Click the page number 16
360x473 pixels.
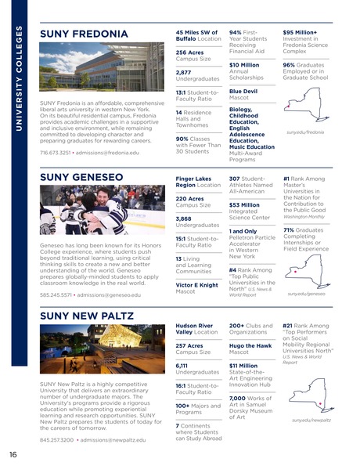click(x=13, y=454)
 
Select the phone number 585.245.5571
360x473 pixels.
click(x=55, y=294)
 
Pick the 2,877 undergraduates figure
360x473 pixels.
click(x=185, y=71)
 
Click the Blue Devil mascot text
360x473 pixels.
click(x=243, y=91)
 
